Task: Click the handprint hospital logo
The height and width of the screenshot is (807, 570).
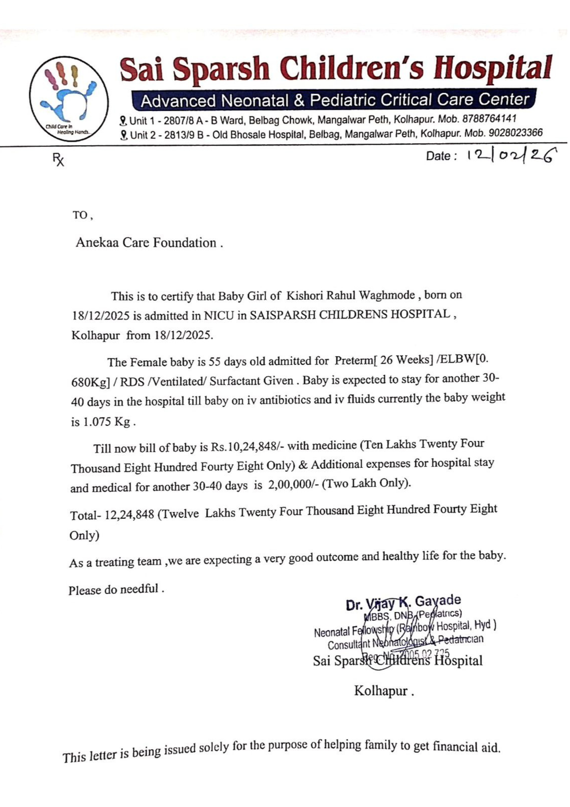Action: (x=69, y=98)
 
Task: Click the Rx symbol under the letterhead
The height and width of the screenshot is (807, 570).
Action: (x=58, y=160)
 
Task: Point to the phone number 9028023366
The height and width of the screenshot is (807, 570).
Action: (x=516, y=133)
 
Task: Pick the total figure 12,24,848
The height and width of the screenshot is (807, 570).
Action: (x=129, y=515)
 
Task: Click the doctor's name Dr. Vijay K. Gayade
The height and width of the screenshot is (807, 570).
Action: (x=403, y=603)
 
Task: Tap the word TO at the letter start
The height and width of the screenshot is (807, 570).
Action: (x=80, y=215)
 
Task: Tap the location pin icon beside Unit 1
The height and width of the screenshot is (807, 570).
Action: (x=123, y=121)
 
